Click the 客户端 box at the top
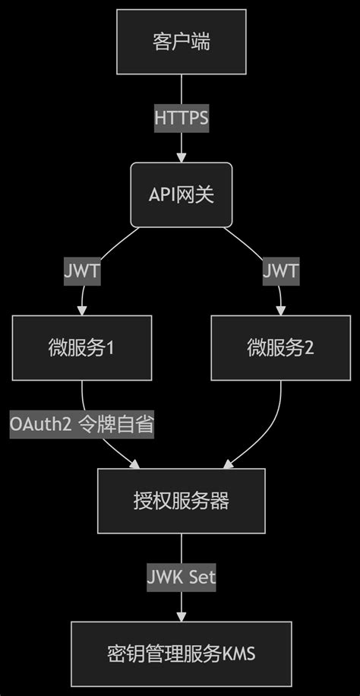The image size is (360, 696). (181, 42)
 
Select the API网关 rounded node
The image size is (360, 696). (181, 195)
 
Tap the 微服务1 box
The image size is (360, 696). (81, 348)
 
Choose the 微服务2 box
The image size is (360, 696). (280, 348)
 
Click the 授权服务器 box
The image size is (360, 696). (181, 501)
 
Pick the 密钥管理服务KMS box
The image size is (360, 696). (181, 653)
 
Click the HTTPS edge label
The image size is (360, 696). (181, 119)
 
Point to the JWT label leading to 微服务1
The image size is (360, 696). (81, 271)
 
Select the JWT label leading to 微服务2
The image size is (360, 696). (280, 271)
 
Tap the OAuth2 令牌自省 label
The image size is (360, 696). (81, 424)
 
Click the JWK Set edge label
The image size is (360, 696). (181, 577)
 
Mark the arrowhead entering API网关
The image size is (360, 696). (181, 157)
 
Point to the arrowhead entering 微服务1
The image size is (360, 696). (81, 311)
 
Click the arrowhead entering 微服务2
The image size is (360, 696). (280, 311)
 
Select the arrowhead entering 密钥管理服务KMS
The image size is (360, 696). (181, 616)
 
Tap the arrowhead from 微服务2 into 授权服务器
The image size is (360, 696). (226, 464)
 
